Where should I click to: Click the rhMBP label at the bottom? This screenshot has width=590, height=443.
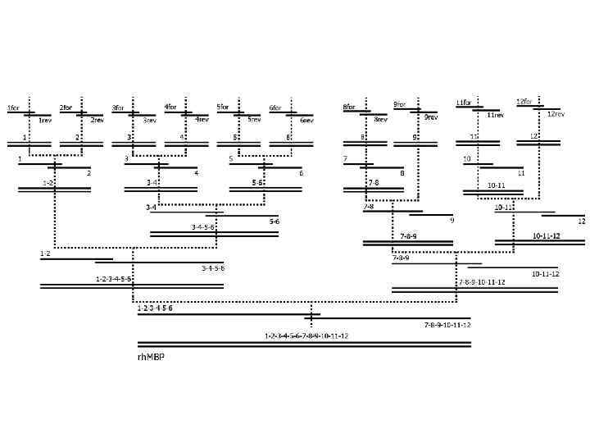(151, 357)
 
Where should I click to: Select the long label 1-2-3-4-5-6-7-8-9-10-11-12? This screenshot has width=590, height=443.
(306, 336)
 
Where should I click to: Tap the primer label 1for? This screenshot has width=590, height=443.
(14, 107)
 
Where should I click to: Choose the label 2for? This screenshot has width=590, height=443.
(66, 107)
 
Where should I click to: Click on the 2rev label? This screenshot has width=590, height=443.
(97, 120)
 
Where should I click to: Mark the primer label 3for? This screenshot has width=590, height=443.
(118, 107)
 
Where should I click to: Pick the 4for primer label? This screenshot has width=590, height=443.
(170, 107)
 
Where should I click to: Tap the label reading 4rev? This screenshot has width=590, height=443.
(202, 120)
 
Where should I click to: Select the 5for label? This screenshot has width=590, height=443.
(223, 107)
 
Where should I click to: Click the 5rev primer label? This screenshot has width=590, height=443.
(254, 120)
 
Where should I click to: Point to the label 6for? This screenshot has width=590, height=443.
(275, 107)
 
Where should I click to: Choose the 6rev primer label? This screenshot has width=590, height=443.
(306, 121)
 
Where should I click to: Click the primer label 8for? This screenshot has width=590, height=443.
(349, 107)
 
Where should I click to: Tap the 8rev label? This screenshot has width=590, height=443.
(380, 120)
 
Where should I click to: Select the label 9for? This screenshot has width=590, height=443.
(400, 104)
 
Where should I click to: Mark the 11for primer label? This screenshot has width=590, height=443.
(464, 103)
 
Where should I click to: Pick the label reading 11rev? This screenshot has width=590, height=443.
(495, 116)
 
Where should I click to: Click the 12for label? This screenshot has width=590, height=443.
(524, 101)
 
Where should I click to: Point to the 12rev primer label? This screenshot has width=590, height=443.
(556, 114)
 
